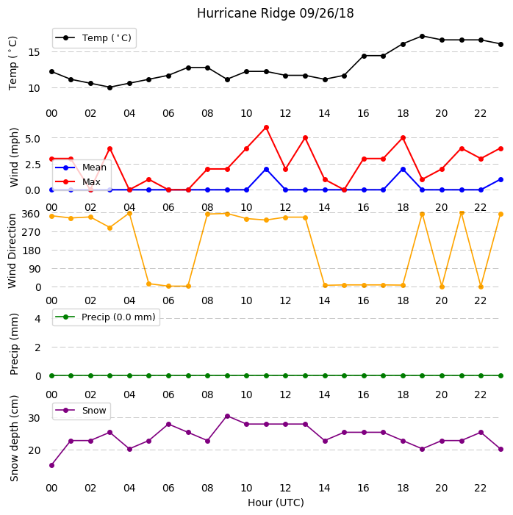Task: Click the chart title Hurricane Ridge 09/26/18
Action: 275,13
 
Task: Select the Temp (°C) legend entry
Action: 93,38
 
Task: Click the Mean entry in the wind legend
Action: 81,168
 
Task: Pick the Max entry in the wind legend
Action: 78,181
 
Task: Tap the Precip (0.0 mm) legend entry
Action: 106,317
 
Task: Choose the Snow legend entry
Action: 81,411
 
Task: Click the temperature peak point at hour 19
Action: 423,36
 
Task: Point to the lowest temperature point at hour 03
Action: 110,87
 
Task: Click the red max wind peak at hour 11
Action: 266,127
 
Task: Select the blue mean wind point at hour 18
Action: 403,170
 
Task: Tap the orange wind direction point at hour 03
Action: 110,228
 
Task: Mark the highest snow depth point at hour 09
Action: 227,416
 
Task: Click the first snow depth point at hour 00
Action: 51,465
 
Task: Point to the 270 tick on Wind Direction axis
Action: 31,232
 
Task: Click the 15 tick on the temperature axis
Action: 34,52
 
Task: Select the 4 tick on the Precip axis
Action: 37,319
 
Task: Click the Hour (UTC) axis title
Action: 276,503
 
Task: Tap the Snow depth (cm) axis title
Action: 14,438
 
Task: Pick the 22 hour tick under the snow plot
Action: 480,488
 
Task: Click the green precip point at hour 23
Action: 501,375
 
